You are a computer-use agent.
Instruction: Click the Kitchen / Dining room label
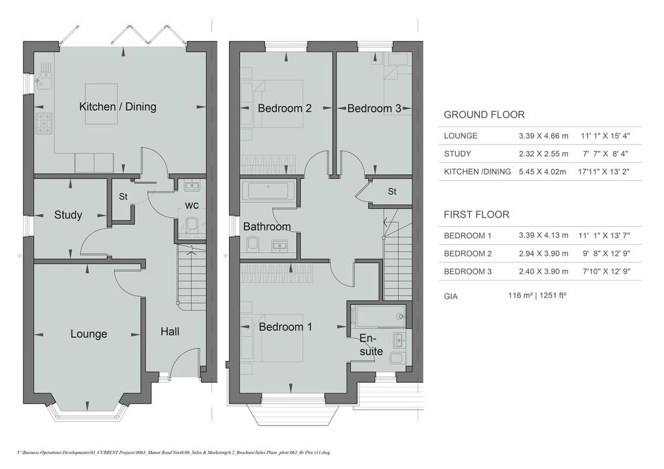[118, 107]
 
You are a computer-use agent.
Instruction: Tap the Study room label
[67, 215]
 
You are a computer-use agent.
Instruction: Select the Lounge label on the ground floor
[88, 334]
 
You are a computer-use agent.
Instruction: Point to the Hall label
[170, 332]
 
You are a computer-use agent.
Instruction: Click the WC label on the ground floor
[192, 205]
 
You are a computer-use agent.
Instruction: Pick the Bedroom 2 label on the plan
[285, 108]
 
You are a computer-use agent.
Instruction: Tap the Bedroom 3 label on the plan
[374, 108]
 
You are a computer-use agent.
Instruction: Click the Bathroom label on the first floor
[267, 227]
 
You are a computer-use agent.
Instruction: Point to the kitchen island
[102, 104]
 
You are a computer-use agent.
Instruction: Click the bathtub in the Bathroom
[267, 190]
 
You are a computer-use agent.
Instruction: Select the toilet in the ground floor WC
[192, 224]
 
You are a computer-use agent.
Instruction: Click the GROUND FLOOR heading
[484, 115]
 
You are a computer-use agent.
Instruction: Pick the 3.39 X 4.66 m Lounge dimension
[543, 136]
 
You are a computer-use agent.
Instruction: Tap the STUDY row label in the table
[457, 154]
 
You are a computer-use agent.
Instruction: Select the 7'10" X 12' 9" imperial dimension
[604, 271]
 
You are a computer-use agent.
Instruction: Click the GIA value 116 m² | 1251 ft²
[537, 295]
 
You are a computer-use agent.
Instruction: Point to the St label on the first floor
[392, 192]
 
